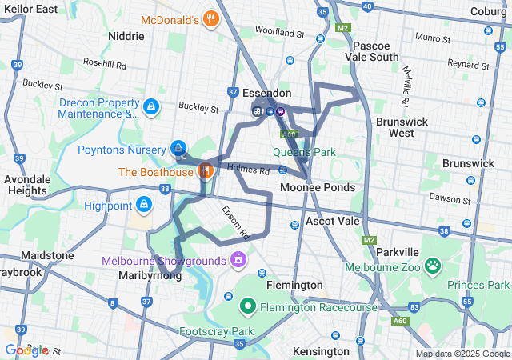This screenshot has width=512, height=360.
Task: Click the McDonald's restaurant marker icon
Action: coord(211,19)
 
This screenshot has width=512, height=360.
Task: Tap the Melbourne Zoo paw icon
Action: coord(433,265)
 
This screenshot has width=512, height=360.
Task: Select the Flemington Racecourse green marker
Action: coord(248,305)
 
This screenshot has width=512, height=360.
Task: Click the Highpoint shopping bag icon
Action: coord(143,206)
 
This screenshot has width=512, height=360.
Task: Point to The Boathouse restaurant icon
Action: coord(205,171)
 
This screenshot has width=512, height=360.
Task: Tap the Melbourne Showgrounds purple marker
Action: coord(238,260)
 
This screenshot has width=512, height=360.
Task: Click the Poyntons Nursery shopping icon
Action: coord(178,149)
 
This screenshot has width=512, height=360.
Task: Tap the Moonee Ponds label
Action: coord(318,187)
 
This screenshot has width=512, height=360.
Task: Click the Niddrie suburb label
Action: coord(126,36)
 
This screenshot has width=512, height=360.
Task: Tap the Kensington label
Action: coord(321,351)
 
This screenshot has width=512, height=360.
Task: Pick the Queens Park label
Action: coord(304,151)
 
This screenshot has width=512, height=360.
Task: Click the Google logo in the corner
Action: coord(26,350)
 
